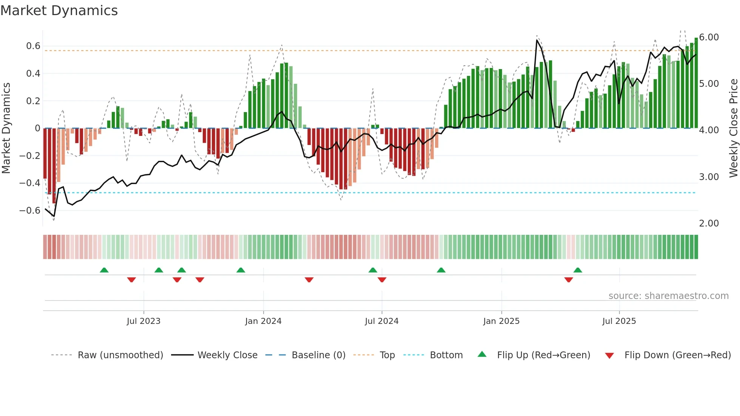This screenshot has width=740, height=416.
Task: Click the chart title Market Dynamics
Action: (x=59, y=11)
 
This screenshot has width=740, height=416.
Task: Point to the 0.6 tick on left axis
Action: (x=33, y=46)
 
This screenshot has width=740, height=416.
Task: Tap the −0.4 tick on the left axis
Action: (x=30, y=183)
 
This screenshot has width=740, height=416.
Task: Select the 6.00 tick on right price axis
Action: (x=709, y=37)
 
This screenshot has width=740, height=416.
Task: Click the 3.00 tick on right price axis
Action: (x=709, y=177)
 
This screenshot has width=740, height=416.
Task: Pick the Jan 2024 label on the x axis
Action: (x=263, y=321)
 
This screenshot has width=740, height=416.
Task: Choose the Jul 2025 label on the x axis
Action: (x=619, y=321)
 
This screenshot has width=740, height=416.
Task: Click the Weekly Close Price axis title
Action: (x=733, y=128)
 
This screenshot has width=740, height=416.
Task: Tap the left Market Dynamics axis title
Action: (x=6, y=128)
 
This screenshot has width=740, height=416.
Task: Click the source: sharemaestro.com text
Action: (x=668, y=296)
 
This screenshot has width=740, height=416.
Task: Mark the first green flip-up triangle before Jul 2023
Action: (x=104, y=270)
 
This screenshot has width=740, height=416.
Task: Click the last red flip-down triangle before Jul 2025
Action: (x=569, y=280)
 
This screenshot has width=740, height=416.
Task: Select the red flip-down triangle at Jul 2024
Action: (x=382, y=280)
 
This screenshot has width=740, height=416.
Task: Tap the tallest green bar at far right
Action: (x=696, y=83)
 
